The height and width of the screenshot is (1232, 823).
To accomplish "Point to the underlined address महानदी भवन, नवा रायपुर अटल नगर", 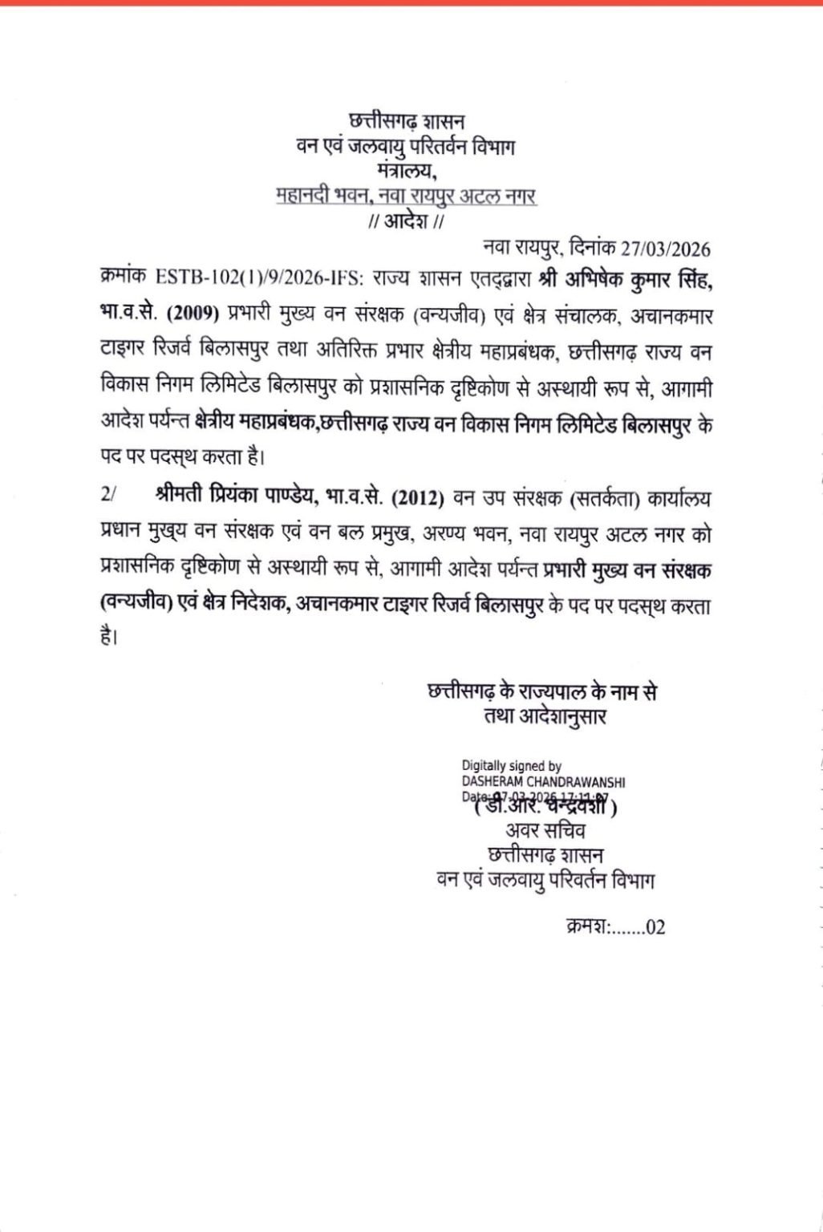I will point(406,197).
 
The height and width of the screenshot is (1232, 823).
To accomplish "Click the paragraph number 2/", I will point(109,497).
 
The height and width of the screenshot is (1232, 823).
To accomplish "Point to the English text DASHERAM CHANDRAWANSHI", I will point(543,781).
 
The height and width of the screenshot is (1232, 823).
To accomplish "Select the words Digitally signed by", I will point(511,766).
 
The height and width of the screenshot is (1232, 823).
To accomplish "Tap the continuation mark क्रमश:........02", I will point(614,928).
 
